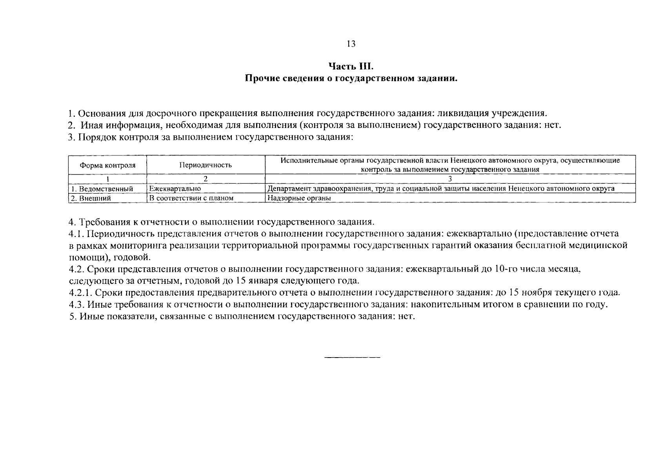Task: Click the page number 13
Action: click(x=351, y=44)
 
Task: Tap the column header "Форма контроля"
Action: click(x=107, y=165)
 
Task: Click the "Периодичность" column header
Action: click(x=206, y=165)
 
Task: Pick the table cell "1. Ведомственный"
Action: click(x=102, y=189)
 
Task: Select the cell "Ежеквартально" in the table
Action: click(x=175, y=189)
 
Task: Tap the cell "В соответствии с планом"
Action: click(x=191, y=198)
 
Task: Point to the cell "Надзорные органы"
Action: click(x=299, y=198)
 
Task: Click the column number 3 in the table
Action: click(x=450, y=179)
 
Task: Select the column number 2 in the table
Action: click(x=206, y=179)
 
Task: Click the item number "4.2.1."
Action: click(x=80, y=293)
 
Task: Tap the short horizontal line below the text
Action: click(x=352, y=358)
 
